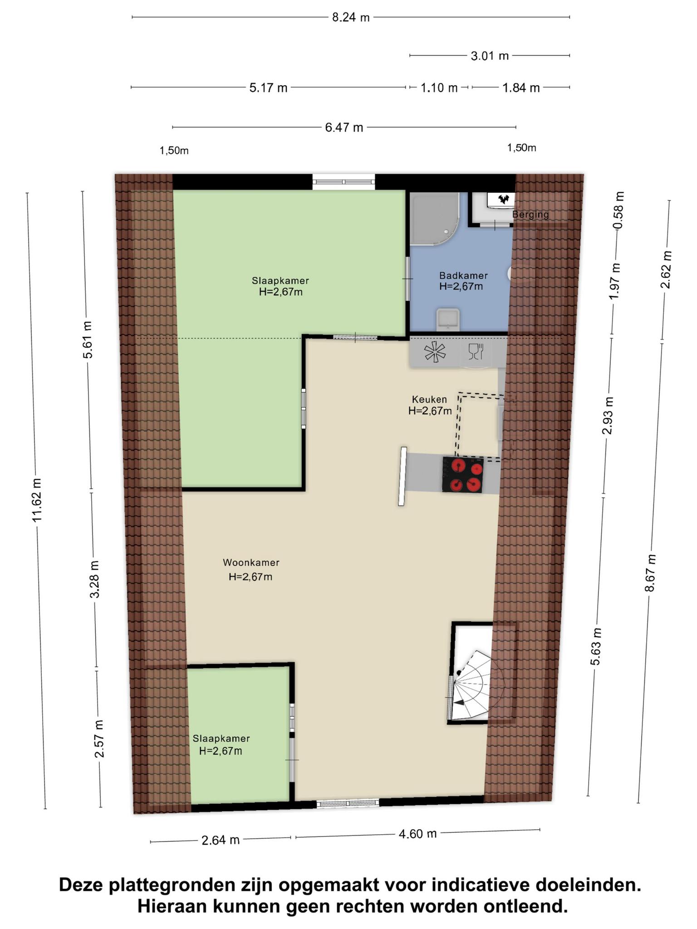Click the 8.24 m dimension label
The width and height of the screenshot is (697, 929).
tap(351, 18)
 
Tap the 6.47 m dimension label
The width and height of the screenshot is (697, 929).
tap(344, 127)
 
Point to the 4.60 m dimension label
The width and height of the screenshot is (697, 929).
tap(417, 833)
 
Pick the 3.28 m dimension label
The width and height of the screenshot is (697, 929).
tap(94, 579)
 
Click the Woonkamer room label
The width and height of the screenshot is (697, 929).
tap(251, 563)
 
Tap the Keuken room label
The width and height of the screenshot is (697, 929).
tap(429, 400)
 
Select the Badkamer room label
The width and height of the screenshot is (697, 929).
tap(463, 275)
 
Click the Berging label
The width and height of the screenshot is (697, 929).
tap(530, 215)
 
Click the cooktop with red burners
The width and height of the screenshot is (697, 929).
tap(463, 475)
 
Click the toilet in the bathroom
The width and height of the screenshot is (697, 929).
tap(447, 320)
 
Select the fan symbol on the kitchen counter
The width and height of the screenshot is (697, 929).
tap(435, 352)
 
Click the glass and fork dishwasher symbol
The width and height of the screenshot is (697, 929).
tap(476, 352)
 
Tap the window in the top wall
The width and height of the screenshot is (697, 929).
tap(344, 182)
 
